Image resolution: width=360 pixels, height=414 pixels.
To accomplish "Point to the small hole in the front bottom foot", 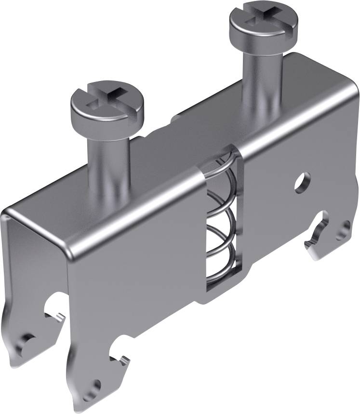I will click(x=96, y=385).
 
